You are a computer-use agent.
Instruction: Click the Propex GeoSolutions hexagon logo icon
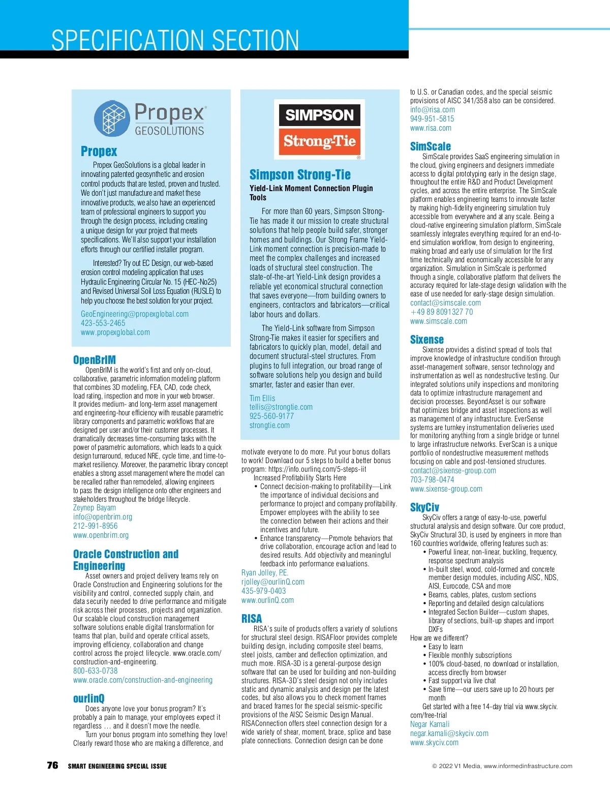click(x=113, y=118)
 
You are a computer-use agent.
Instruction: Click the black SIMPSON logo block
click(x=319, y=114)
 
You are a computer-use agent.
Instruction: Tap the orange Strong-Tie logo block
click(x=319, y=141)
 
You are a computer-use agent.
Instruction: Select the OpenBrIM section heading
click(x=95, y=360)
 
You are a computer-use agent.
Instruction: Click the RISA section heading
click(x=252, y=619)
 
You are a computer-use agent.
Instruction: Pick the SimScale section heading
click(x=430, y=146)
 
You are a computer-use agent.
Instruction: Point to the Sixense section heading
click(x=426, y=340)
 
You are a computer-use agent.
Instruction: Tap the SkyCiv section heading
click(x=424, y=507)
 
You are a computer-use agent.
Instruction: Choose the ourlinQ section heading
click(x=88, y=698)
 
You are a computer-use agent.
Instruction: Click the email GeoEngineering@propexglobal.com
click(x=135, y=314)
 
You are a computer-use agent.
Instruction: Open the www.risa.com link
click(x=431, y=128)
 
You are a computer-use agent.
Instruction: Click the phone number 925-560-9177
click(x=271, y=416)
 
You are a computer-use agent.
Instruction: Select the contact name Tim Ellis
click(x=262, y=398)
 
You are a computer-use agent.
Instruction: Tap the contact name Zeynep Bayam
click(x=95, y=507)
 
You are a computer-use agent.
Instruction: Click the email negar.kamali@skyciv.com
click(x=449, y=734)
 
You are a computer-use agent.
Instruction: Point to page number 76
click(x=52, y=766)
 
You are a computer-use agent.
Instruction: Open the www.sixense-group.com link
click(x=446, y=489)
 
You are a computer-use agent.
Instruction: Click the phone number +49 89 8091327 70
click(x=441, y=312)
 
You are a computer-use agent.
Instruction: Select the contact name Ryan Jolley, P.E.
click(x=265, y=572)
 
